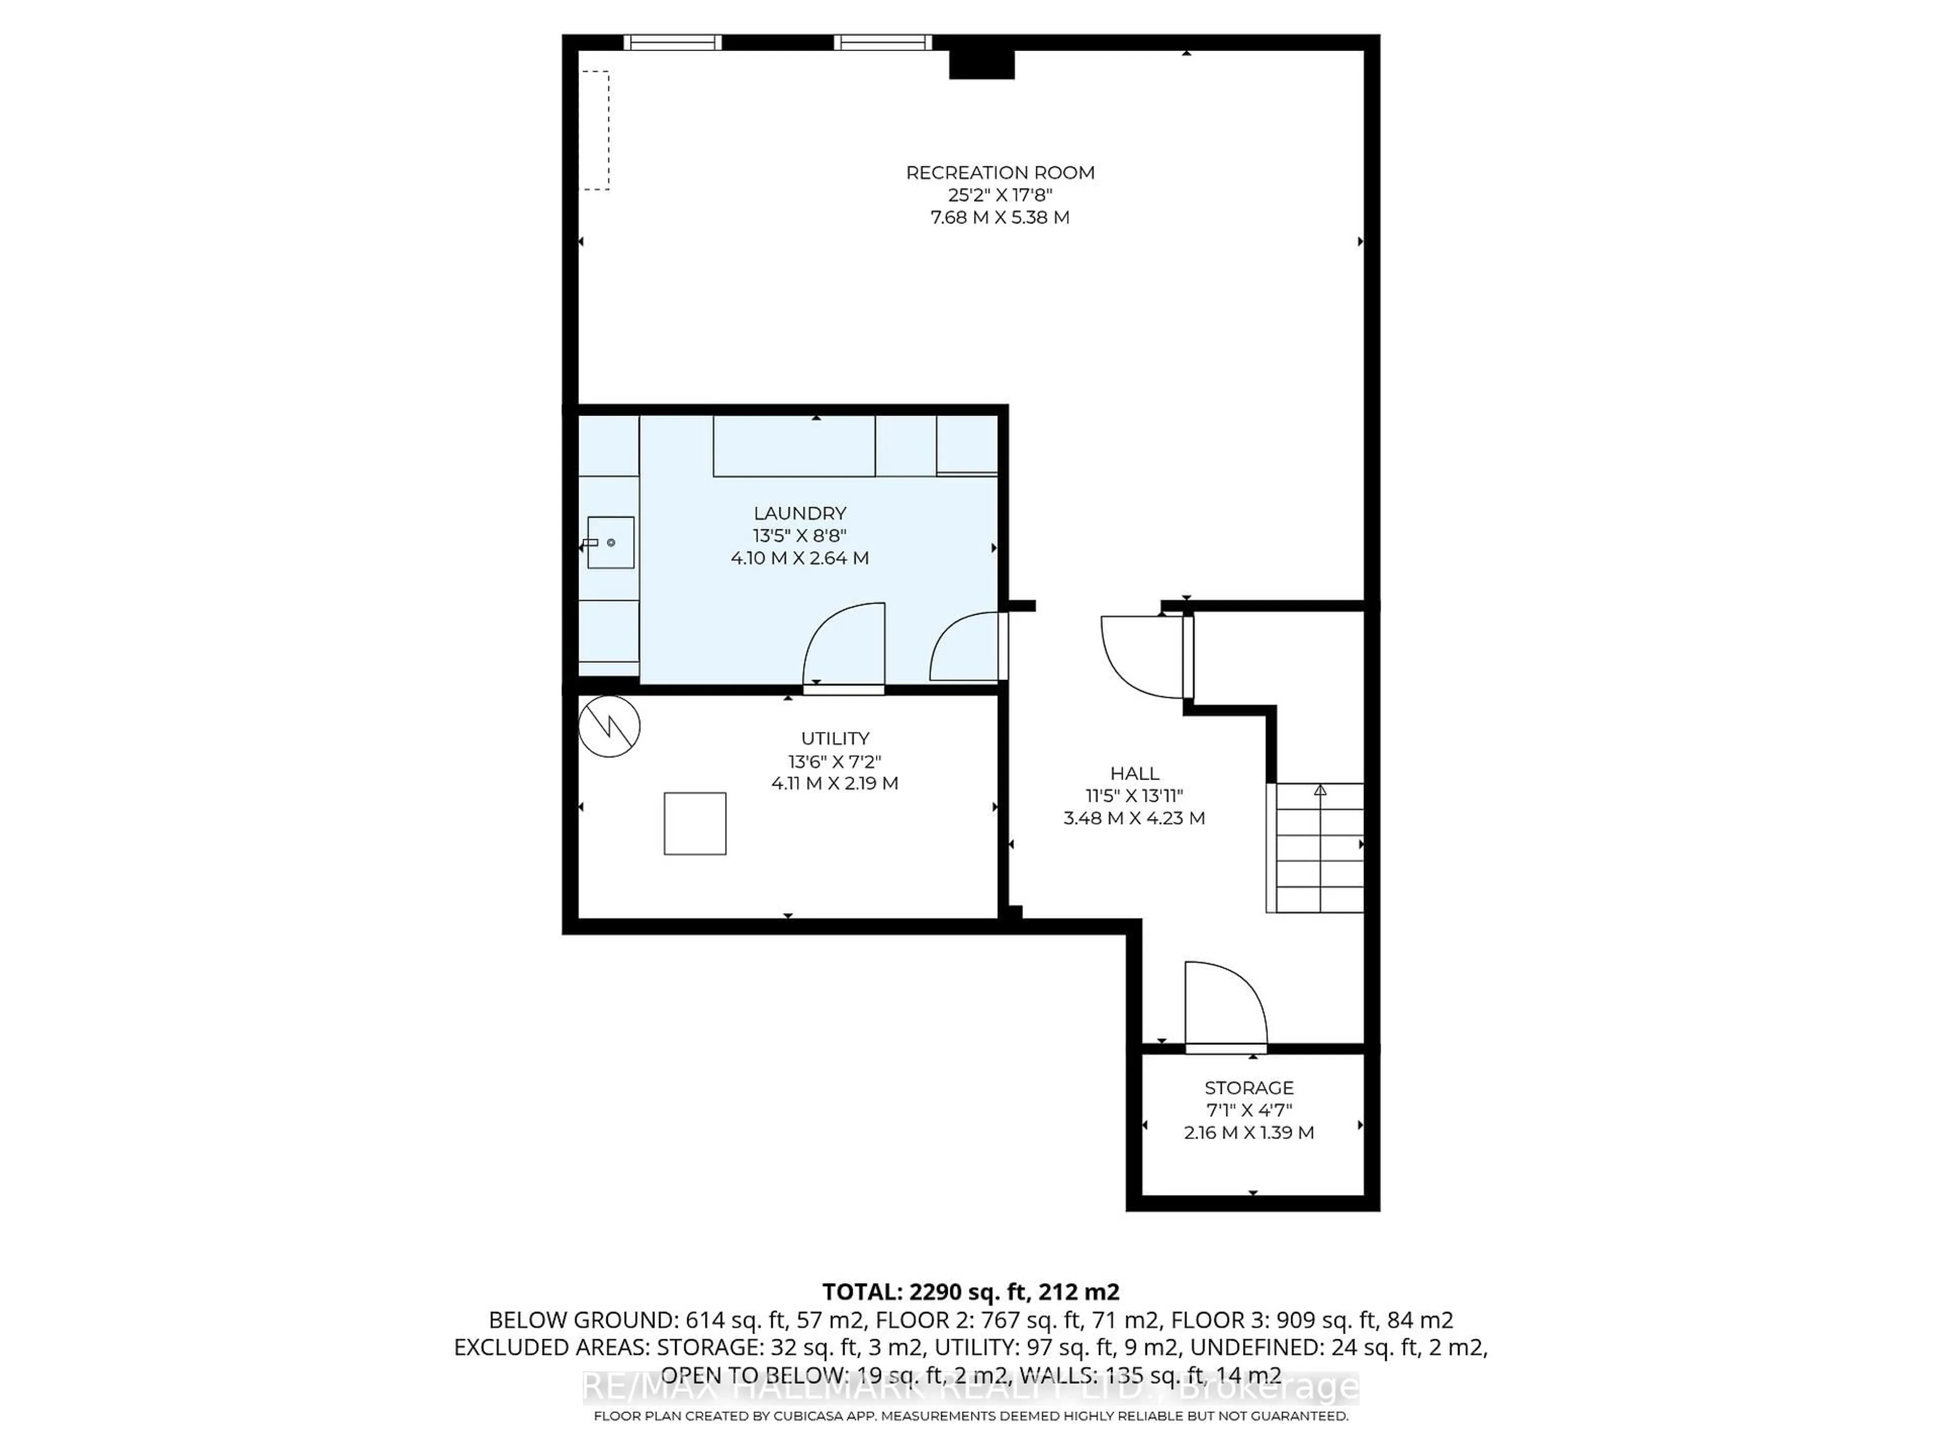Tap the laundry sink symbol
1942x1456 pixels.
[610, 542]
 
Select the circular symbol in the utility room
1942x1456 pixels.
[609, 726]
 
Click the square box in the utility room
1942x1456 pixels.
[694, 823]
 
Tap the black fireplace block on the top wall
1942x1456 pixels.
[982, 65]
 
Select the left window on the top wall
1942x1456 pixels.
[673, 42]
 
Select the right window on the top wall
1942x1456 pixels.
[882, 42]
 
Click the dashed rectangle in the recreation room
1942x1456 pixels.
[597, 130]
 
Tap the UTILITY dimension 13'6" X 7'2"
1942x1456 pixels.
[834, 761]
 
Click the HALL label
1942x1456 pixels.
[1134, 773]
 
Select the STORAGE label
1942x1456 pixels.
[1249, 1087]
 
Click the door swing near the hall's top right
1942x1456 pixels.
[1141, 657]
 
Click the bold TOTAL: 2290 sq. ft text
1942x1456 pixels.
[970, 1292]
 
